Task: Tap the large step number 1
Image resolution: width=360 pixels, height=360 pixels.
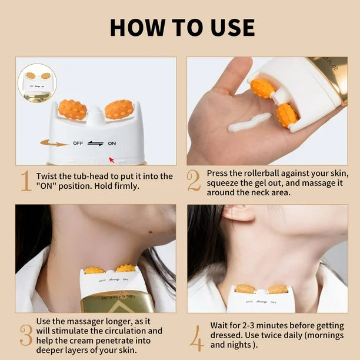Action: [x=25, y=181]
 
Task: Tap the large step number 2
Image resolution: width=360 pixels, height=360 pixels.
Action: [x=194, y=181]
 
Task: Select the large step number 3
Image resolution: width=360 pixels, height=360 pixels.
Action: [x=25, y=335]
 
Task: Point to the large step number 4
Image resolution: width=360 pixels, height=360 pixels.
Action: [x=196, y=334]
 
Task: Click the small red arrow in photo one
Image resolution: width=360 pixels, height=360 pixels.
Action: [x=112, y=159]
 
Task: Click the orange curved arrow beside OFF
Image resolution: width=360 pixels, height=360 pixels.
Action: [x=54, y=142]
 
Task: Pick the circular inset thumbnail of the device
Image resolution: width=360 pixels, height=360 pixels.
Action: [x=37, y=83]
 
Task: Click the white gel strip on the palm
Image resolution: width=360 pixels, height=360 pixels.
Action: [x=249, y=122]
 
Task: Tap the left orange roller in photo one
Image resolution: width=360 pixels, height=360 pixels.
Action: [x=72, y=109]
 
